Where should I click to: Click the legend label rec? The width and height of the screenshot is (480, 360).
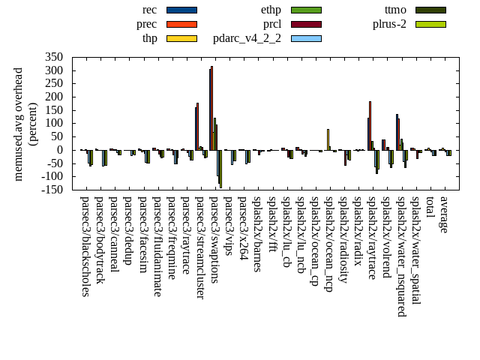click(149, 10)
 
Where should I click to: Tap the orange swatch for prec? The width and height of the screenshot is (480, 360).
click(181, 24)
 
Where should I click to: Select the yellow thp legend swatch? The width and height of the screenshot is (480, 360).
click(181, 38)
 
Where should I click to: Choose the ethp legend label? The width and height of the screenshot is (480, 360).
click(271, 10)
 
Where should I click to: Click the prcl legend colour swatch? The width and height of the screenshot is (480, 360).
click(306, 24)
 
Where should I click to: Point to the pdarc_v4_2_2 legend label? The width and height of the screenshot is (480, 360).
click(247, 38)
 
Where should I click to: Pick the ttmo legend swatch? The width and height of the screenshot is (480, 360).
click(430, 10)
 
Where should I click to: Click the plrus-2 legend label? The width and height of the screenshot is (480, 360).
click(389, 24)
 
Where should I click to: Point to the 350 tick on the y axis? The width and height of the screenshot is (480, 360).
click(54, 57)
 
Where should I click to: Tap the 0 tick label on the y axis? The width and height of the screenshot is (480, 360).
click(60, 150)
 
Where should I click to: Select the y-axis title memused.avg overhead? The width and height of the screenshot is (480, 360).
click(19, 124)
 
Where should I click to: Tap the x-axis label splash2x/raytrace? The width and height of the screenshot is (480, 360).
click(372, 239)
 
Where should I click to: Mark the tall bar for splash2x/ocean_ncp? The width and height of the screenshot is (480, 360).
click(328, 139)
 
